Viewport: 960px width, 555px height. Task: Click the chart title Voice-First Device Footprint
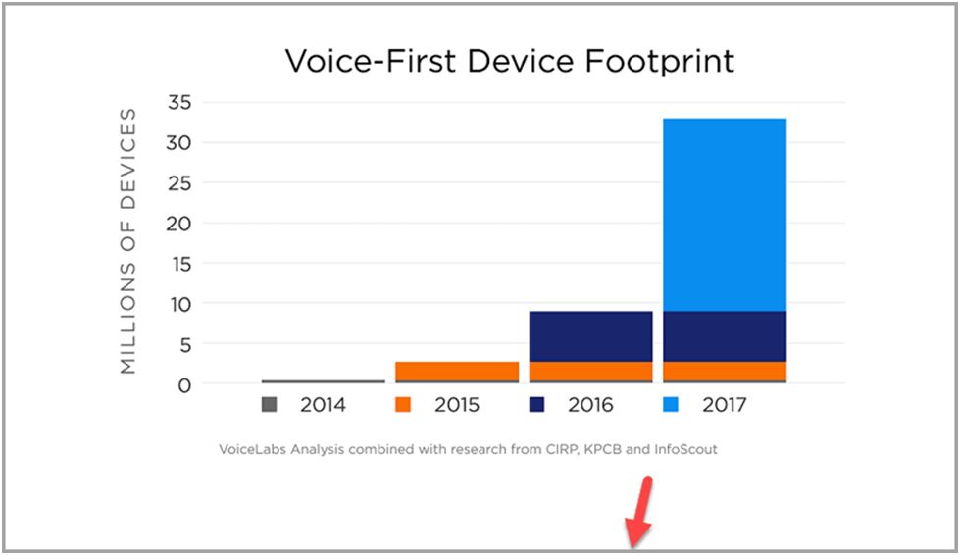click(509, 61)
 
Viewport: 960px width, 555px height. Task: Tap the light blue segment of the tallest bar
click(725, 215)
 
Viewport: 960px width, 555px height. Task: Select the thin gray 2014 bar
click(324, 381)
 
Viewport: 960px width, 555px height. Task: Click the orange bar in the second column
click(457, 372)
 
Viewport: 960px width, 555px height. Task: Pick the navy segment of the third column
click(591, 336)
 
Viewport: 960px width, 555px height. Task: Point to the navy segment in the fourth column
click(725, 336)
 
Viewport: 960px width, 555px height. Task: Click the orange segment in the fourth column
click(725, 372)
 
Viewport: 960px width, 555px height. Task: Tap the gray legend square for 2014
click(270, 404)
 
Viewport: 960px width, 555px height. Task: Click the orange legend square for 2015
click(403, 404)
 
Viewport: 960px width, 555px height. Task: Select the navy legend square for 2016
click(537, 404)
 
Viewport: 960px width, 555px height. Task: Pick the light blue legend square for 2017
click(671, 404)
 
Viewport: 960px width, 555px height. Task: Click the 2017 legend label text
click(725, 405)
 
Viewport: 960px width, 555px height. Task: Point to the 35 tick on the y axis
click(179, 102)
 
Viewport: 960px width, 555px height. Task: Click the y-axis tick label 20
click(178, 224)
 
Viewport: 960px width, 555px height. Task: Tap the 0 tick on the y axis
click(184, 385)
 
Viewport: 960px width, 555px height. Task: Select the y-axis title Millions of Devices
click(127, 241)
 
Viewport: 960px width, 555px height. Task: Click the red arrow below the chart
click(639, 511)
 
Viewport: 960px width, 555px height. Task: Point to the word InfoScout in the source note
click(685, 450)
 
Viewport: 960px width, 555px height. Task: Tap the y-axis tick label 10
click(180, 305)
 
